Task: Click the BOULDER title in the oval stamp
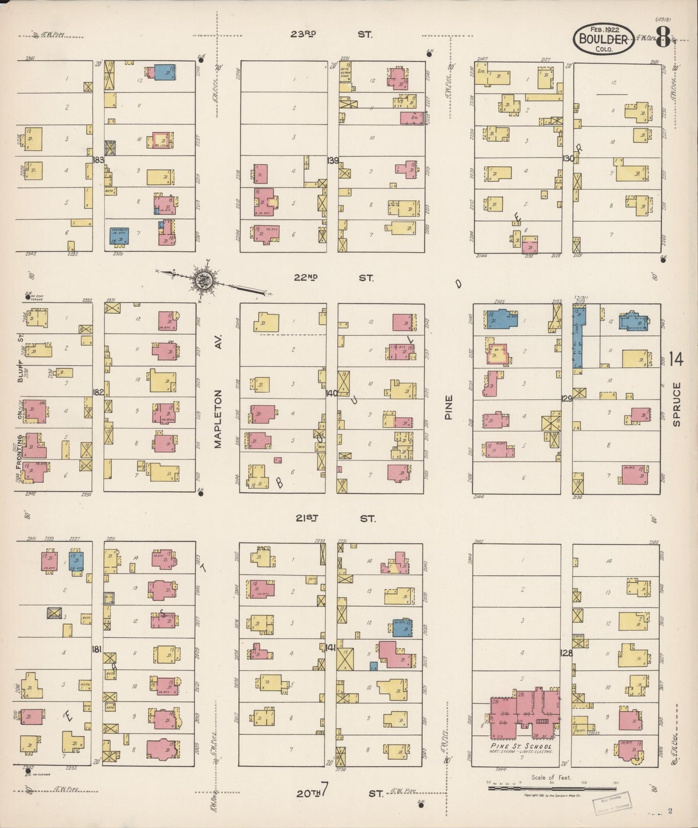[603, 39]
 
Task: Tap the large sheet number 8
[663, 37]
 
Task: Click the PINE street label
[448, 407]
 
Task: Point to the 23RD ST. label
[331, 34]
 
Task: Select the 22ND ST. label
[333, 278]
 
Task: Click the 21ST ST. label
[335, 518]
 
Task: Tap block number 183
[99, 159]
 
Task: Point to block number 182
[98, 392]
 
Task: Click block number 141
[330, 648]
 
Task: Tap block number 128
[566, 653]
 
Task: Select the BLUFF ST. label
[21, 357]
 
